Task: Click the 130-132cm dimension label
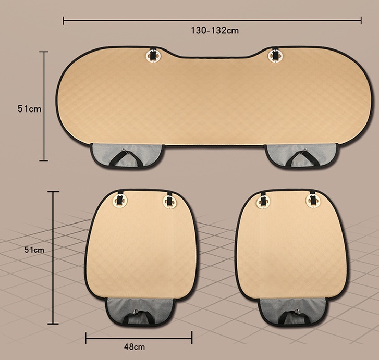[215, 31]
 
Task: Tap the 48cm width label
[135, 347]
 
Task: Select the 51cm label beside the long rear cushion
[29, 109]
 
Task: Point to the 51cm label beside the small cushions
[34, 250]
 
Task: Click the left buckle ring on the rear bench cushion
[153, 56]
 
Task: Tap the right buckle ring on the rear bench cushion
[275, 56]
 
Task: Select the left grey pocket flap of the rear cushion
[127, 155]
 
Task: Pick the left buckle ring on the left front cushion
[120, 201]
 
